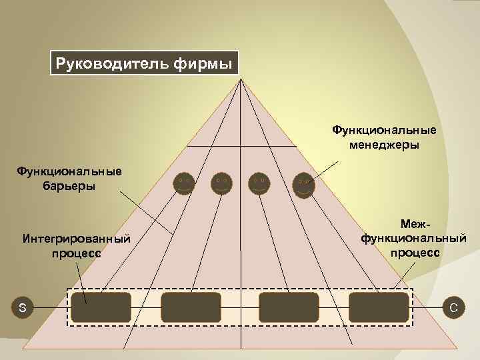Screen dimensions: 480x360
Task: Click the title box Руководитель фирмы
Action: pos(144,65)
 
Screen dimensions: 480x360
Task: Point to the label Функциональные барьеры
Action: pos(69,178)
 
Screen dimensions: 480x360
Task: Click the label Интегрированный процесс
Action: pos(76,245)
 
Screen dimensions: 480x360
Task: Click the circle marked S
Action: pos(23,307)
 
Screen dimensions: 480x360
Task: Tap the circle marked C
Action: pos(453,307)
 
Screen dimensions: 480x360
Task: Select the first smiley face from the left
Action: pos(183,183)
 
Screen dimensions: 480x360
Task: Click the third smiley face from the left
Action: pos(259,183)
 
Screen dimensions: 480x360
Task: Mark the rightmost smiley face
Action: pos(303,185)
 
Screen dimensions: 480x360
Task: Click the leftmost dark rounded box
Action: pos(101,307)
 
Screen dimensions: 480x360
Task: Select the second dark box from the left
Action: pos(191,307)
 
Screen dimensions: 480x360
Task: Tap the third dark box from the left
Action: pos(289,307)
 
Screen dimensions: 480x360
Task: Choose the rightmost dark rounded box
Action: pos(379,307)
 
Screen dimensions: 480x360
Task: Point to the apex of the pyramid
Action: pos(241,80)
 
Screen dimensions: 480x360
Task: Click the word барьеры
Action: pos(69,185)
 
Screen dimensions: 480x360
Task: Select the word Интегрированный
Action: pos(76,239)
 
